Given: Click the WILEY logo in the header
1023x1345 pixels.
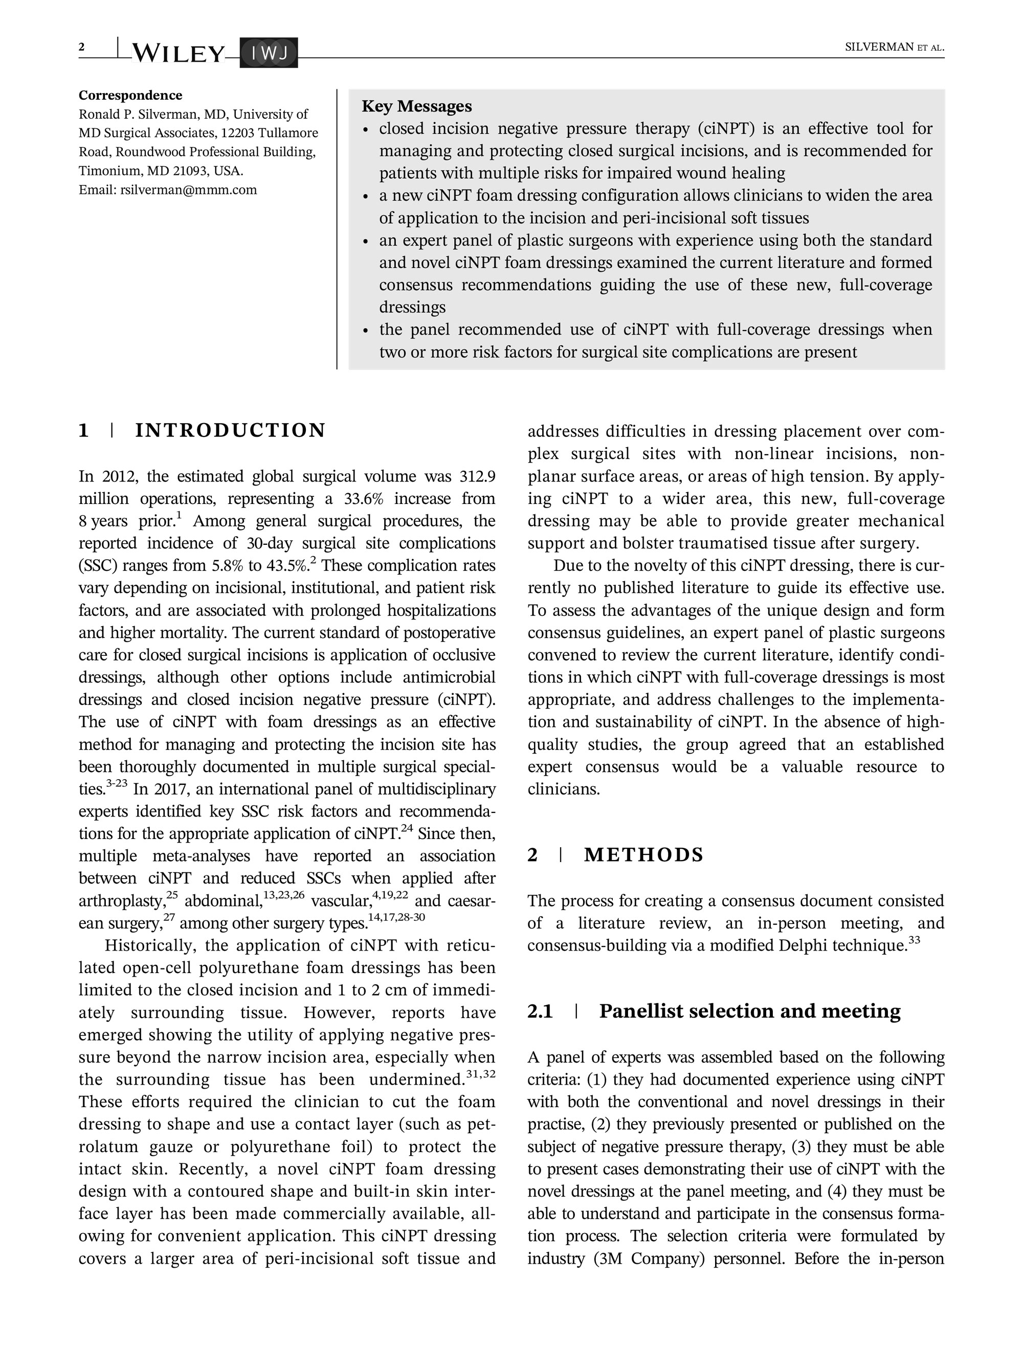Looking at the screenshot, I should [178, 54].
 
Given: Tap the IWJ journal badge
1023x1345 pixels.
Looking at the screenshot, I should [269, 54].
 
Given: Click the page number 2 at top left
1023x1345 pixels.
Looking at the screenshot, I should [82, 47].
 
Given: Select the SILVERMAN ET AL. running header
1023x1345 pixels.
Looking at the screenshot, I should [894, 48].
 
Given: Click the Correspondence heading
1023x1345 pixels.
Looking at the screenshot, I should [130, 96].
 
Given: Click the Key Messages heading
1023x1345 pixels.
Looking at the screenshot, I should [416, 106].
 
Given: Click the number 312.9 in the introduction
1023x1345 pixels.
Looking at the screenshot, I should [477, 476].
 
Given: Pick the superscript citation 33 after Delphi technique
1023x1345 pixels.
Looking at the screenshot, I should [914, 941].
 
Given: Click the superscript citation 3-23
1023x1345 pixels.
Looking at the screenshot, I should [117, 784].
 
